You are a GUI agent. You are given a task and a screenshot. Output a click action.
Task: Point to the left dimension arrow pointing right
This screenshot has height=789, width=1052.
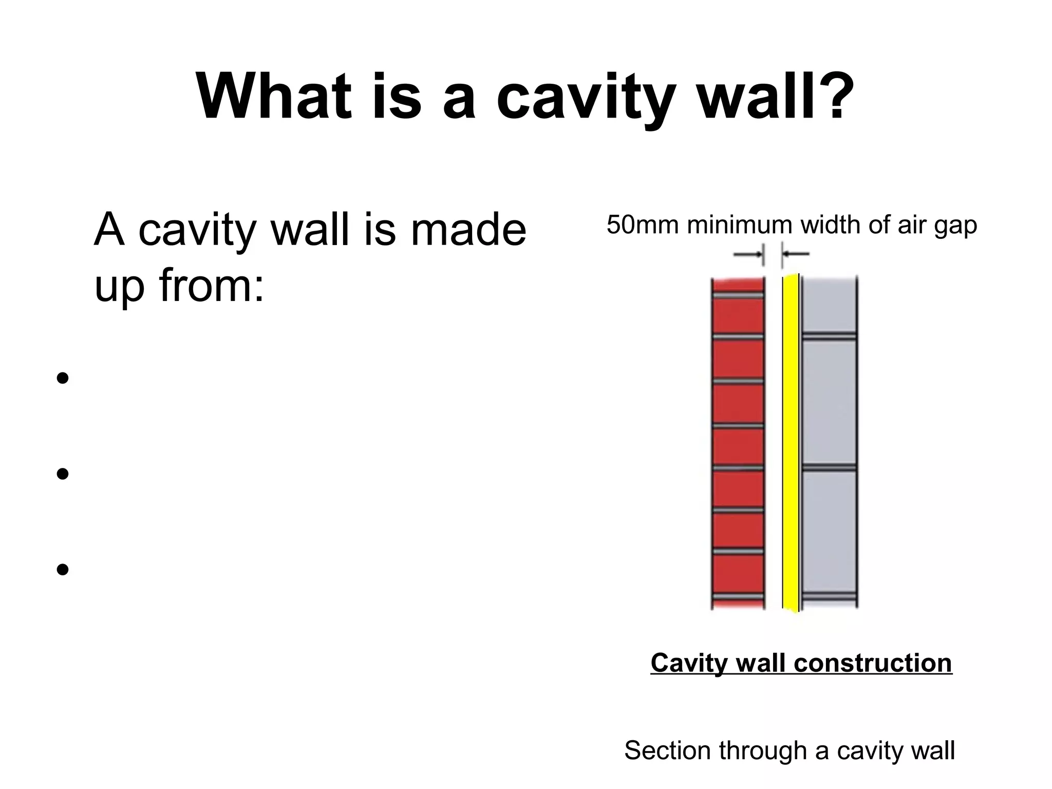tap(747, 254)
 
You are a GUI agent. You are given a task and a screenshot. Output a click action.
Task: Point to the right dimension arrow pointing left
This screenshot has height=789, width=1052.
tap(796, 253)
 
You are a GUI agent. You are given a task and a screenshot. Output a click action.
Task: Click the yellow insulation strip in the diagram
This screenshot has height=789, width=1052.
tap(791, 442)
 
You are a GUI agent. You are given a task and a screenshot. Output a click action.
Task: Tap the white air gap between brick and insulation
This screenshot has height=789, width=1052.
tap(773, 442)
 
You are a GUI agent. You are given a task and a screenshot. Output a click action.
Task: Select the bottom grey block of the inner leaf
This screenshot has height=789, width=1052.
tap(829, 532)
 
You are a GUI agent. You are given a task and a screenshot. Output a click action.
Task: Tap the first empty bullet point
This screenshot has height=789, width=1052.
tap(63, 379)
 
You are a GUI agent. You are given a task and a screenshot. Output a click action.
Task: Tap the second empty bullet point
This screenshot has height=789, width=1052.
tap(63, 473)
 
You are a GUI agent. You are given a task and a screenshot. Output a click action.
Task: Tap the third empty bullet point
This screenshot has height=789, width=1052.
tap(63, 569)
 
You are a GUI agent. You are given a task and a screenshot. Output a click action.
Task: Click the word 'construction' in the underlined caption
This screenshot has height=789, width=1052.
tap(873, 663)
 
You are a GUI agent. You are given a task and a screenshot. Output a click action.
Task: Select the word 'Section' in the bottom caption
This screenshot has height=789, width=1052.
tap(667, 750)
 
